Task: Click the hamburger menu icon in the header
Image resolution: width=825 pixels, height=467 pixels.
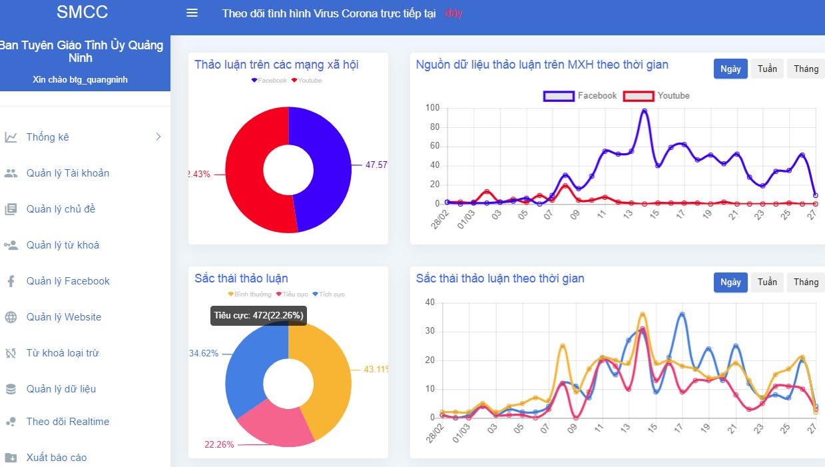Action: coord(192,13)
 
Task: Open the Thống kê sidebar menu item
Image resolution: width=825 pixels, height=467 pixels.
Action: coord(48,137)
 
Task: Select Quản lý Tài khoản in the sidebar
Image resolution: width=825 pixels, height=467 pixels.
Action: coord(67,173)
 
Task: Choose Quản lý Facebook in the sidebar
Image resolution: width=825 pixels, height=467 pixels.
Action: coord(68,281)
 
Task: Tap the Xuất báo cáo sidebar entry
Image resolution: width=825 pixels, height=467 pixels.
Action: coord(57,458)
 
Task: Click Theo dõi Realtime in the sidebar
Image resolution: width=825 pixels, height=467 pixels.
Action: coord(67,422)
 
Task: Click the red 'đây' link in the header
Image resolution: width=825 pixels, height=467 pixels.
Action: coord(453,13)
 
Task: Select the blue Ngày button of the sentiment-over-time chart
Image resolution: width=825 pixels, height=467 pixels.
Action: coord(730,282)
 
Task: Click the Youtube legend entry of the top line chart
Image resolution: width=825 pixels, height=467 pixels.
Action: coord(657,96)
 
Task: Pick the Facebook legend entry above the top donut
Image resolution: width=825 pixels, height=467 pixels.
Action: coord(269,81)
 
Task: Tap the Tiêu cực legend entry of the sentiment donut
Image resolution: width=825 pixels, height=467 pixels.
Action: coord(293,294)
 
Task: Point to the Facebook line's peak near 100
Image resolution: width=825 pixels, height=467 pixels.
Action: coord(644,111)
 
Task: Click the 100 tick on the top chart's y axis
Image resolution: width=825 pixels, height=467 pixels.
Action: coord(432,108)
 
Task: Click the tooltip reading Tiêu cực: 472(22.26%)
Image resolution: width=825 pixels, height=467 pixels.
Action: coord(258,316)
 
